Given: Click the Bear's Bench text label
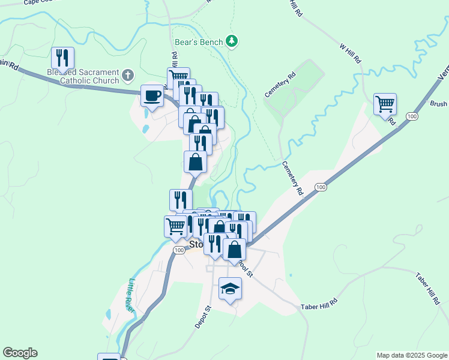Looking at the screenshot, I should [x=198, y=42].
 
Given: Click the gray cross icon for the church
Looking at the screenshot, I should [x=127, y=76].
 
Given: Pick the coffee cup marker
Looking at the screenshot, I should [x=152, y=96].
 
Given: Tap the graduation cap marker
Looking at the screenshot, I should [x=231, y=289].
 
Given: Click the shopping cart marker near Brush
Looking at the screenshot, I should [x=385, y=104].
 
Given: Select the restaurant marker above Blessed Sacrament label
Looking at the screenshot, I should [x=62, y=58].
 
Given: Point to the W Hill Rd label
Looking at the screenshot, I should [x=349, y=53].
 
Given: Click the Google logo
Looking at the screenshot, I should [x=20, y=353].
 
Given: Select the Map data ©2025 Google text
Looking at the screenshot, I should [x=412, y=355].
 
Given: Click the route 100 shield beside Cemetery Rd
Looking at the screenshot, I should [x=321, y=187].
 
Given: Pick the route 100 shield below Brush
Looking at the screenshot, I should [x=411, y=116].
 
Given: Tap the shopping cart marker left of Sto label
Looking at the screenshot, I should [x=175, y=226].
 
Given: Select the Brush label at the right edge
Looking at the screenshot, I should [x=438, y=104].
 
